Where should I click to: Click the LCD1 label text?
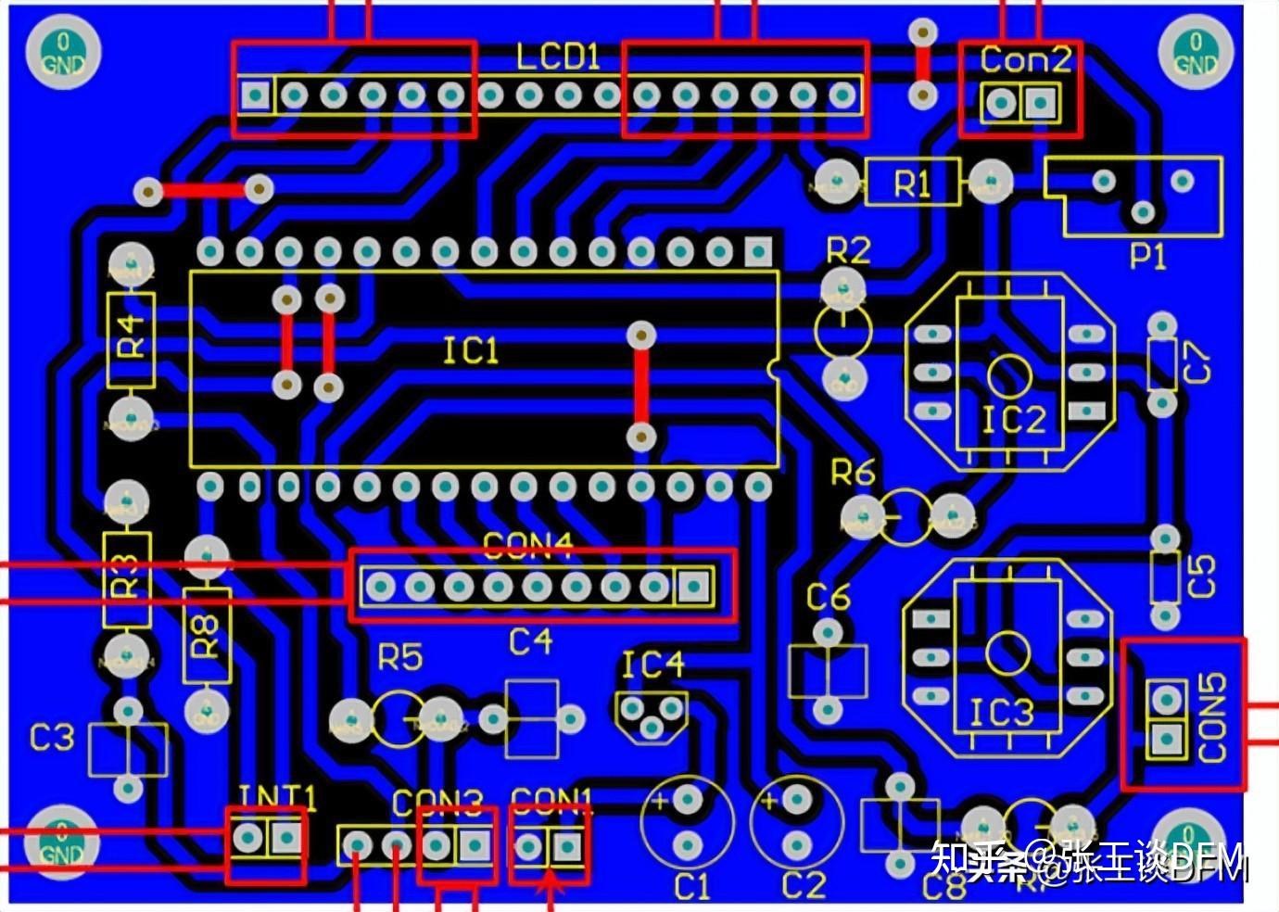pyautogui.click(x=558, y=58)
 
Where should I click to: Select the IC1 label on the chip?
pyautogui.click(x=470, y=351)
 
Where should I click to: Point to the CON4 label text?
pyautogui.click(x=528, y=547)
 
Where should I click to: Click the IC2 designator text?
pyautogui.click(x=1013, y=420)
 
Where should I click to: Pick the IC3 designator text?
pyautogui.click(x=1001, y=713)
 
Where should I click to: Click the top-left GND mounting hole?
pyautogui.click(x=62, y=54)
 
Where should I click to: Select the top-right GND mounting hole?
pyautogui.click(x=1195, y=54)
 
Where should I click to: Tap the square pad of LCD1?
pyautogui.click(x=255, y=95)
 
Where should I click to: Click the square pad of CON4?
pyautogui.click(x=693, y=586)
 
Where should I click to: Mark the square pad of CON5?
pyautogui.click(x=1167, y=738)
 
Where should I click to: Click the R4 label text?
pyautogui.click(x=131, y=336)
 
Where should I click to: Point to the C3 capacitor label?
pyautogui.click(x=51, y=738)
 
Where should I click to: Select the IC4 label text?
pyautogui.click(x=652, y=665)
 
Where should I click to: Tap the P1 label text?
pyautogui.click(x=1147, y=255)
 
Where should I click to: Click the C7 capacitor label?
pyautogui.click(x=1198, y=361)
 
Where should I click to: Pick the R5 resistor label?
pyautogui.click(x=399, y=658)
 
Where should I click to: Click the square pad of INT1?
pyautogui.click(x=285, y=839)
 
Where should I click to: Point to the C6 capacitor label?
pyautogui.click(x=828, y=598)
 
